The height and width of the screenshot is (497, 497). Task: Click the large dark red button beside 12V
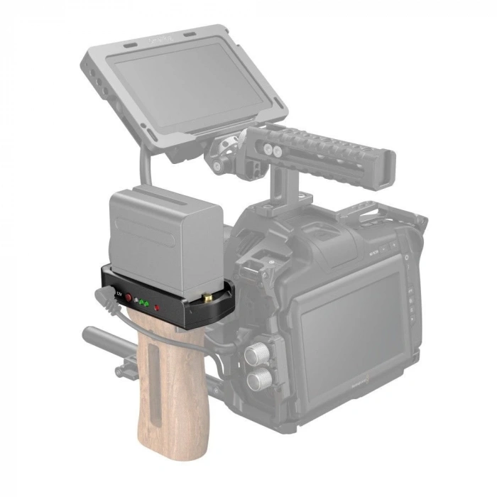click(x=130, y=300)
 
